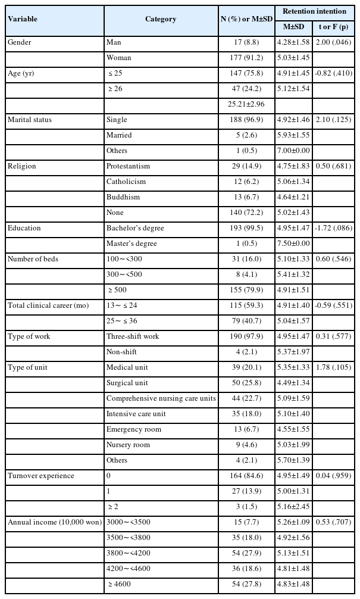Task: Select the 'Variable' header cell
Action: pyautogui.click(x=23, y=19)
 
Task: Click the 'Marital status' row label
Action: pyautogui.click(x=30, y=120)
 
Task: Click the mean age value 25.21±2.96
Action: pyautogui.click(x=246, y=104)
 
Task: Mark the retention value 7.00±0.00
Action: pyautogui.click(x=294, y=151)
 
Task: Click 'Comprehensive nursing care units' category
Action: pyautogui.click(x=161, y=398)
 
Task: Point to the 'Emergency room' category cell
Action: pyautogui.click(x=134, y=429)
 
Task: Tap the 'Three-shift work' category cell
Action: pyautogui.click(x=132, y=336)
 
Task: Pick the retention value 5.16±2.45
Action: pyautogui.click(x=294, y=507)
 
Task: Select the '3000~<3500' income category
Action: pyautogui.click(x=124, y=522)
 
